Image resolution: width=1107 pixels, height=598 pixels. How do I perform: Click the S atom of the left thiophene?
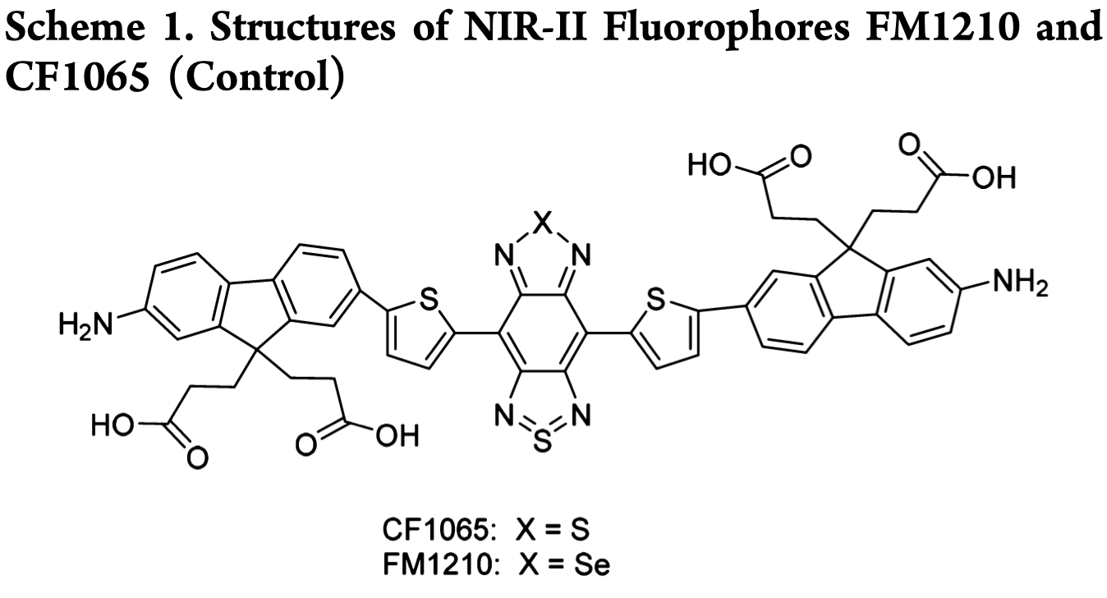click(427, 303)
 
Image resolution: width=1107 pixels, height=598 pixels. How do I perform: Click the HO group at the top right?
click(709, 166)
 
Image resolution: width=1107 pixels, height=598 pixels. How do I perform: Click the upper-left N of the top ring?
click(504, 257)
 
